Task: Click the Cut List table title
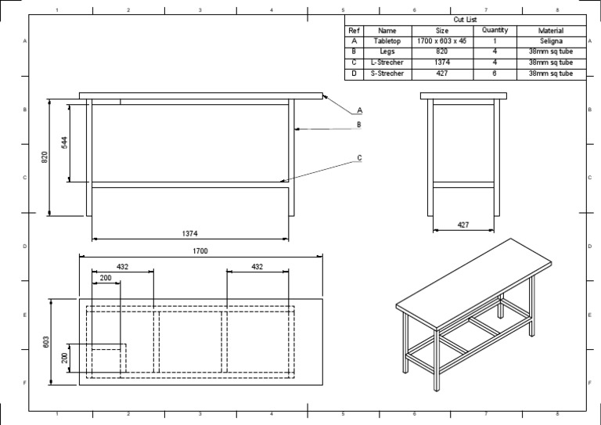point(465,20)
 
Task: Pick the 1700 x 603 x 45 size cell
point(441,41)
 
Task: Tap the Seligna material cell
point(550,41)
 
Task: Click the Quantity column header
point(495,31)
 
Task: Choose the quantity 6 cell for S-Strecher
point(495,74)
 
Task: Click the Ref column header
point(354,31)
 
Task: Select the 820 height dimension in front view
point(45,157)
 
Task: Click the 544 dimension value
point(65,142)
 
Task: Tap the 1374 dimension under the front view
point(189,233)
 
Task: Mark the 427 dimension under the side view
point(463,225)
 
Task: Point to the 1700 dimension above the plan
point(201,251)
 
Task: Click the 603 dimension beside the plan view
point(46,341)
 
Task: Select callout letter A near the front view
point(360,110)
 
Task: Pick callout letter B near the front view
point(358,124)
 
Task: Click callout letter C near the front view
point(359,158)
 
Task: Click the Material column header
point(550,31)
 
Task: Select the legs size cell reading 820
point(441,52)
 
